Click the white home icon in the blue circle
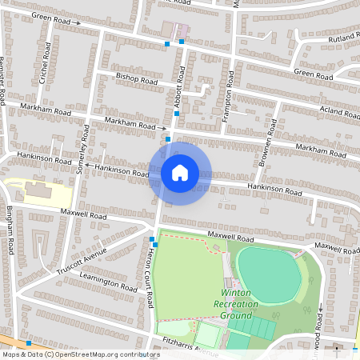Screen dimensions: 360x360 pyautogui.click(x=179, y=173)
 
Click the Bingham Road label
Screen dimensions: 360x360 pyautogui.click(x=10, y=229)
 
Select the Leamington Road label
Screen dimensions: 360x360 pyautogui.click(x=109, y=281)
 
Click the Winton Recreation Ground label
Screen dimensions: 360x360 pyautogui.click(x=245, y=304)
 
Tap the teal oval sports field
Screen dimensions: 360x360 pyautogui.click(x=269, y=274)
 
